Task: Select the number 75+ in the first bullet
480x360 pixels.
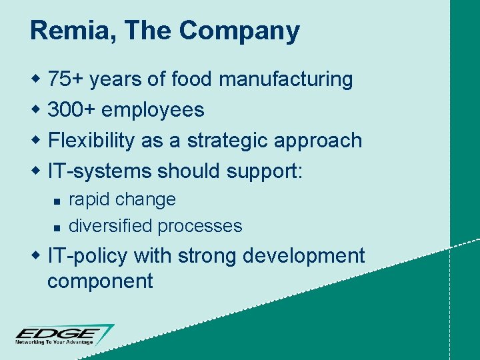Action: [x=66, y=79]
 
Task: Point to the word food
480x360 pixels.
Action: [x=193, y=79]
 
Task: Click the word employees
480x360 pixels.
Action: [x=157, y=110]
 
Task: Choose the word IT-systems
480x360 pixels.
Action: [x=100, y=171]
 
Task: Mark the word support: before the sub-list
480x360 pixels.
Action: [x=265, y=172]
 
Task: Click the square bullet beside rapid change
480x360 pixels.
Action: [x=57, y=201]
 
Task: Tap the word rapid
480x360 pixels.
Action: [x=89, y=199]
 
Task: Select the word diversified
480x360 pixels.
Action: [x=111, y=226]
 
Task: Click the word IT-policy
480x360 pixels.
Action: [x=88, y=256]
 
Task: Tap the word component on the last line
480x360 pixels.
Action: [x=100, y=281]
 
